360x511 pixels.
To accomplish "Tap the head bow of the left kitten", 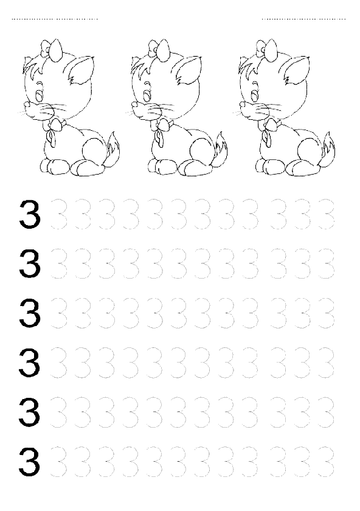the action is click(x=52, y=50).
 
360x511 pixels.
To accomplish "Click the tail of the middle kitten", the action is click(x=221, y=147).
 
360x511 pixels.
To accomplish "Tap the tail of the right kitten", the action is click(x=328, y=147).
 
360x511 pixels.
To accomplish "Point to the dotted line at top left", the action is click(x=55, y=19).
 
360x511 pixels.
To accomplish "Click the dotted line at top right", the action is click(x=303, y=19).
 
